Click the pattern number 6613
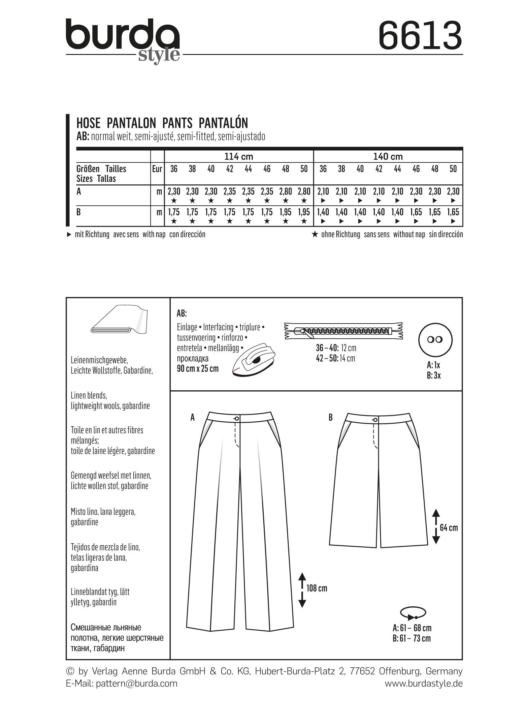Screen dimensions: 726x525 point(420,35)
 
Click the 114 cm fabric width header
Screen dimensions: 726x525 point(239,156)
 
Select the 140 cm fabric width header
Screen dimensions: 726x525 point(388,156)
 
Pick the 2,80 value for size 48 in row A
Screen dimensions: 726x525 point(286,191)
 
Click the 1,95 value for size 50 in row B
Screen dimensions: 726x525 point(304,212)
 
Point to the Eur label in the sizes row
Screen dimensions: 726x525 point(157,169)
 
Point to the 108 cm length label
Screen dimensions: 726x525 point(317,588)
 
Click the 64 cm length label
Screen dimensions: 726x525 point(449,527)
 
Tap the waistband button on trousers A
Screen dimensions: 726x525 point(237,418)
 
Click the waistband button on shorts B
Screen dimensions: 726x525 point(375,420)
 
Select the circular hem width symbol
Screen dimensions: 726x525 point(413,613)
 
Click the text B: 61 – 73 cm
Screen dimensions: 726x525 point(412,638)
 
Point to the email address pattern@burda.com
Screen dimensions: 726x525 point(137,683)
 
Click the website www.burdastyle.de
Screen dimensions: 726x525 point(424,683)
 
